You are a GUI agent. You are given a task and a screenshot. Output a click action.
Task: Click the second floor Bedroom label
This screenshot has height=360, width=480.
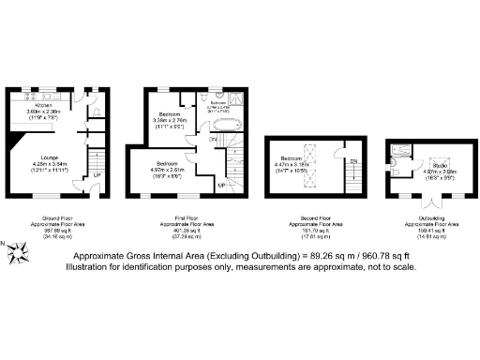pos(292,157)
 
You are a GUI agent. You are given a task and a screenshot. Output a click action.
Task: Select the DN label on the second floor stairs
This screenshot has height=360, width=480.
pos(352,161)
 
